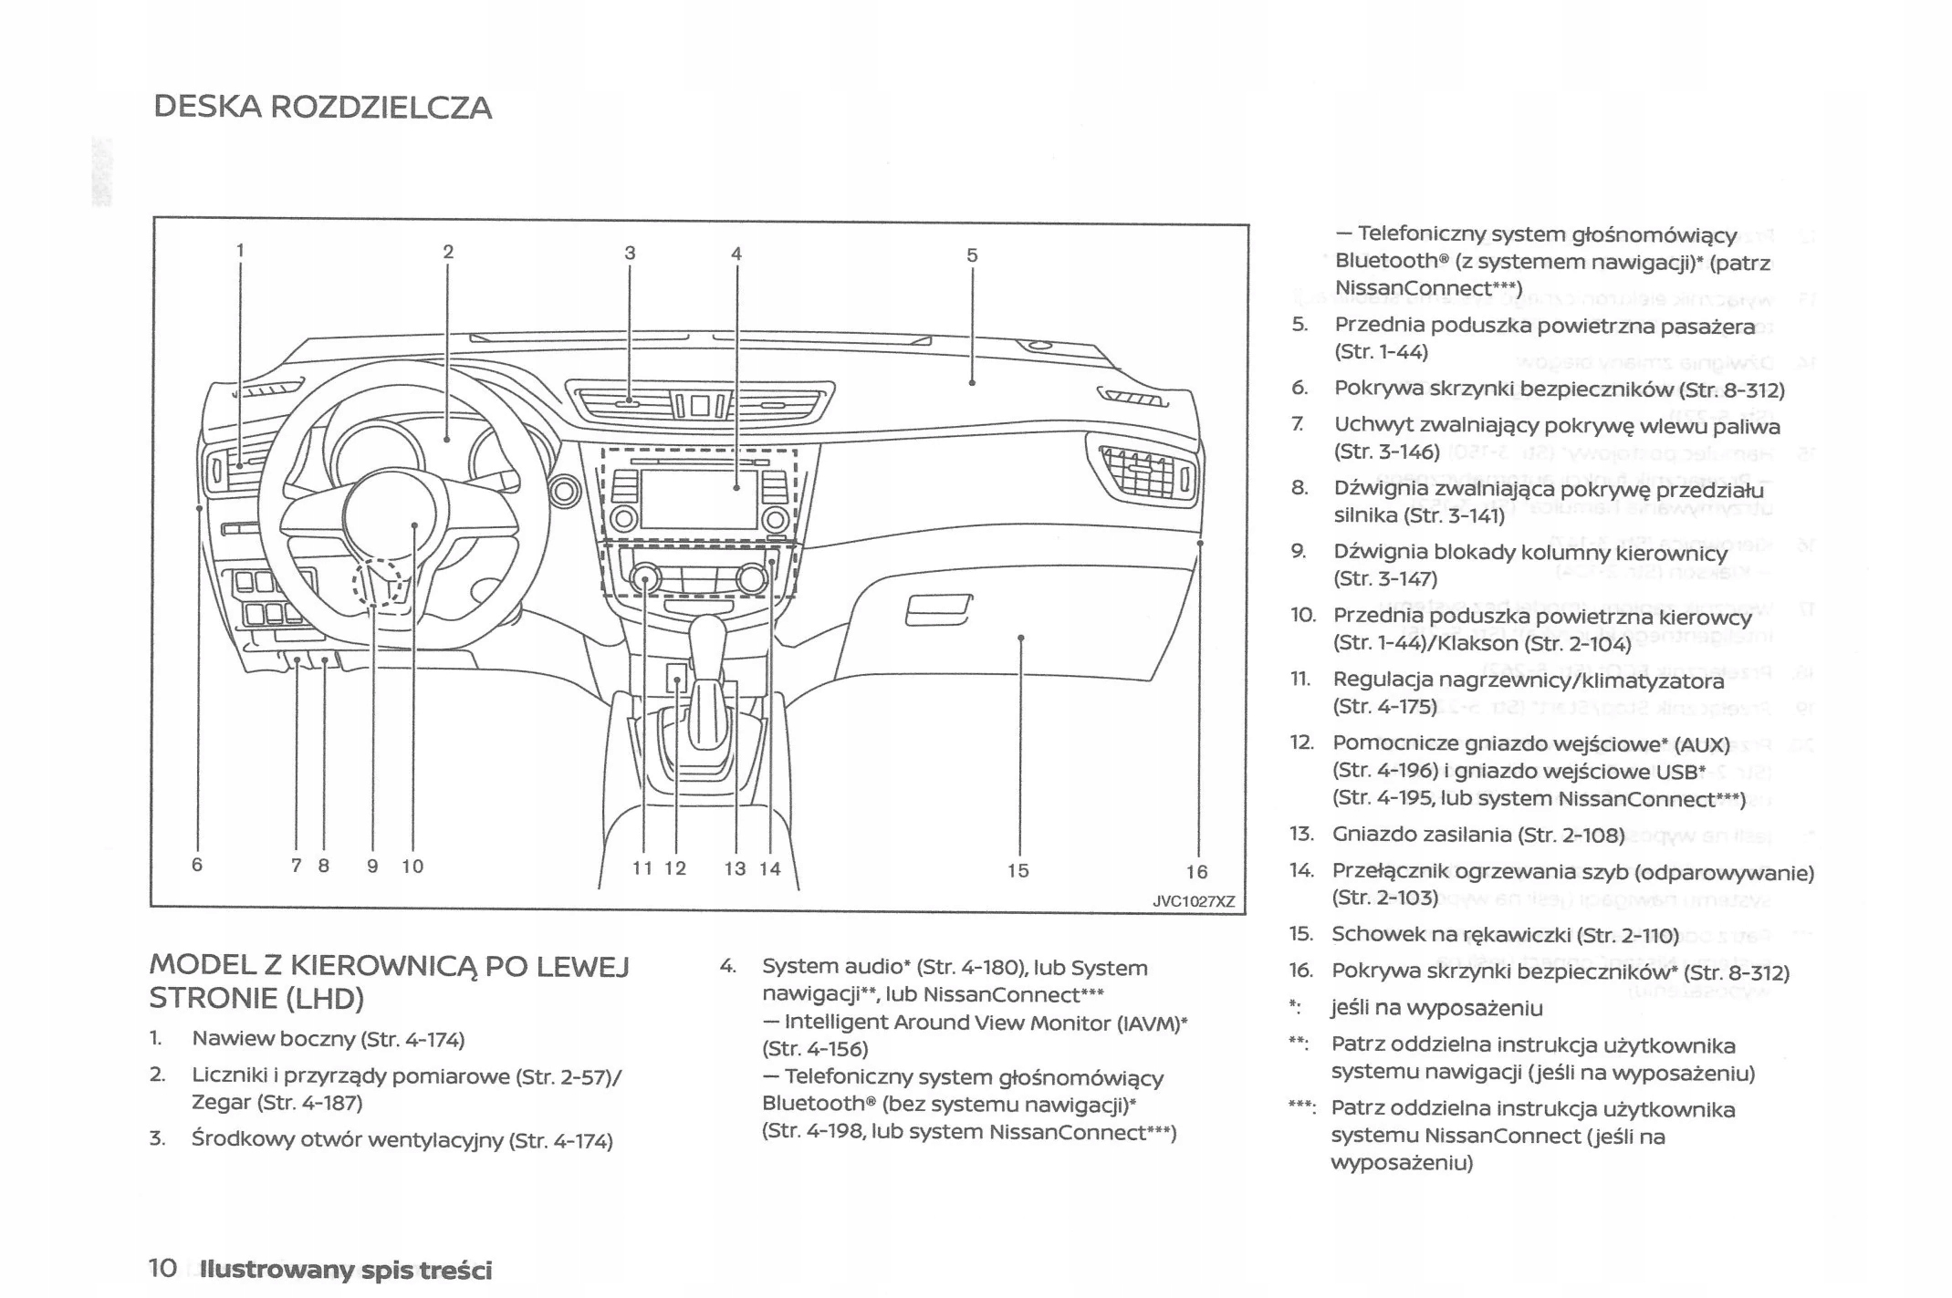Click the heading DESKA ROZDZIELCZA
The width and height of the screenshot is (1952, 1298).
tap(322, 108)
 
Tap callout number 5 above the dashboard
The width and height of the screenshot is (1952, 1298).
tap(972, 255)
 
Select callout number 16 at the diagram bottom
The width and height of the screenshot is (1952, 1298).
tap(1196, 872)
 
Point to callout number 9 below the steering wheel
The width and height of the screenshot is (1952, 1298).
tap(372, 867)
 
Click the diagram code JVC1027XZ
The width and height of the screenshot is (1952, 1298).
tap(1194, 901)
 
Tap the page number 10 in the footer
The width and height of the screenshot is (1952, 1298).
tap(162, 1268)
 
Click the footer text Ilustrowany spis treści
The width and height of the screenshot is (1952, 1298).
tap(346, 1270)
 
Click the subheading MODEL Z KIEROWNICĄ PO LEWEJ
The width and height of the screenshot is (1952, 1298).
tap(389, 965)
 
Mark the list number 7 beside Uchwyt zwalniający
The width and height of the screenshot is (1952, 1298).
tap(1297, 424)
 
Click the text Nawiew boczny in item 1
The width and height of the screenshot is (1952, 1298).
tap(273, 1039)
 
